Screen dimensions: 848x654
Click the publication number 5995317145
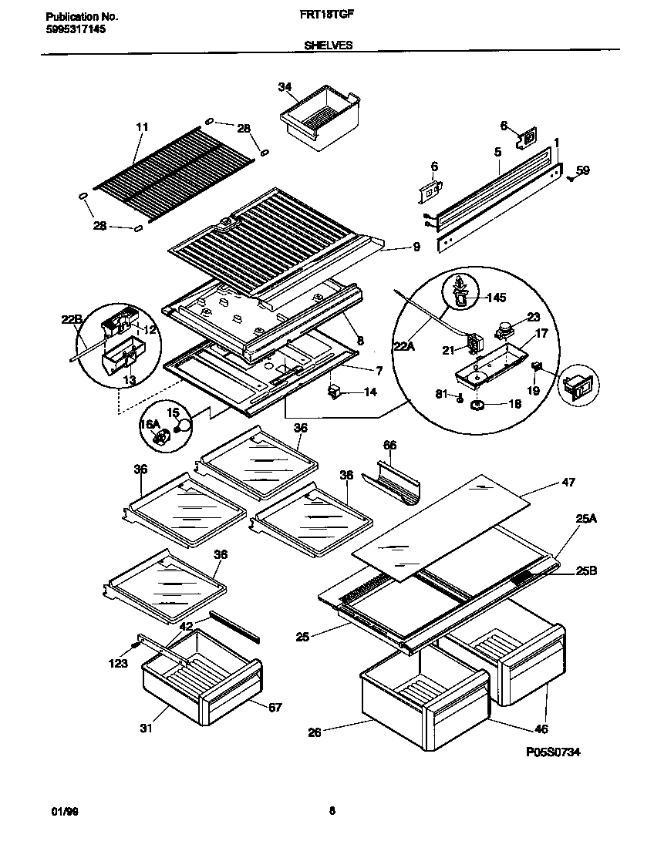point(70,29)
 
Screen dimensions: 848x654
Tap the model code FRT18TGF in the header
point(322,15)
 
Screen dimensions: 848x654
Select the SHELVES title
point(327,45)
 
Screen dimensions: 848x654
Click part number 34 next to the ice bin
point(285,88)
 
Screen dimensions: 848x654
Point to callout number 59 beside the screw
point(582,170)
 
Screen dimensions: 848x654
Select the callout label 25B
point(586,571)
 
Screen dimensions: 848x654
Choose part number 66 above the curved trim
point(390,445)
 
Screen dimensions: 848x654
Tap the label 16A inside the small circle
point(149,423)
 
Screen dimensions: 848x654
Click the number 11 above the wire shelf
point(140,126)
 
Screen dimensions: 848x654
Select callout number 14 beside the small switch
point(369,393)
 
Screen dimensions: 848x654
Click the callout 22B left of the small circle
point(72,319)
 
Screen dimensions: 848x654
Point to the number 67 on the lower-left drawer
point(274,706)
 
